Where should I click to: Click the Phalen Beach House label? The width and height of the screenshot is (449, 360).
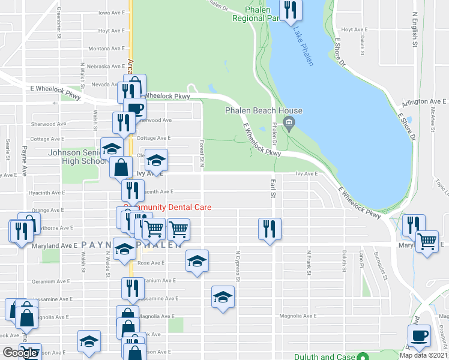pyautogui.click(x=264, y=110)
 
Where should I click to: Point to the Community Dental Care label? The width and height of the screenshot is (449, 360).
pyautogui.click(x=168, y=207)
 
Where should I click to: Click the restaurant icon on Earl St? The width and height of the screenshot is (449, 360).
pyautogui.click(x=270, y=228)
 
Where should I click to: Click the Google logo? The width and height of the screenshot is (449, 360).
pyautogui.click(x=20, y=353)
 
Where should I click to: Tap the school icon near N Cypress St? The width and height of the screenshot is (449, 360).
pyautogui.click(x=223, y=296)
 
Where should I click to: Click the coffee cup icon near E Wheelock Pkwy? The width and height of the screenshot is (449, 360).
pyautogui.click(x=134, y=108)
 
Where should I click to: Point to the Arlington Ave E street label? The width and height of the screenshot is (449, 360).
pyautogui.click(x=424, y=102)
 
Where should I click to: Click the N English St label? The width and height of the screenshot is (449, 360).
pyautogui.click(x=415, y=29)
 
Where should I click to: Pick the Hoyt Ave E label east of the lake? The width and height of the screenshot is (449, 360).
pyautogui.click(x=354, y=29)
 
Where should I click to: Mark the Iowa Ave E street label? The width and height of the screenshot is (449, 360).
pyautogui.click(x=112, y=12)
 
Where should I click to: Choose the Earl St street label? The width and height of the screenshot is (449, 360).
pyautogui.click(x=273, y=188)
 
